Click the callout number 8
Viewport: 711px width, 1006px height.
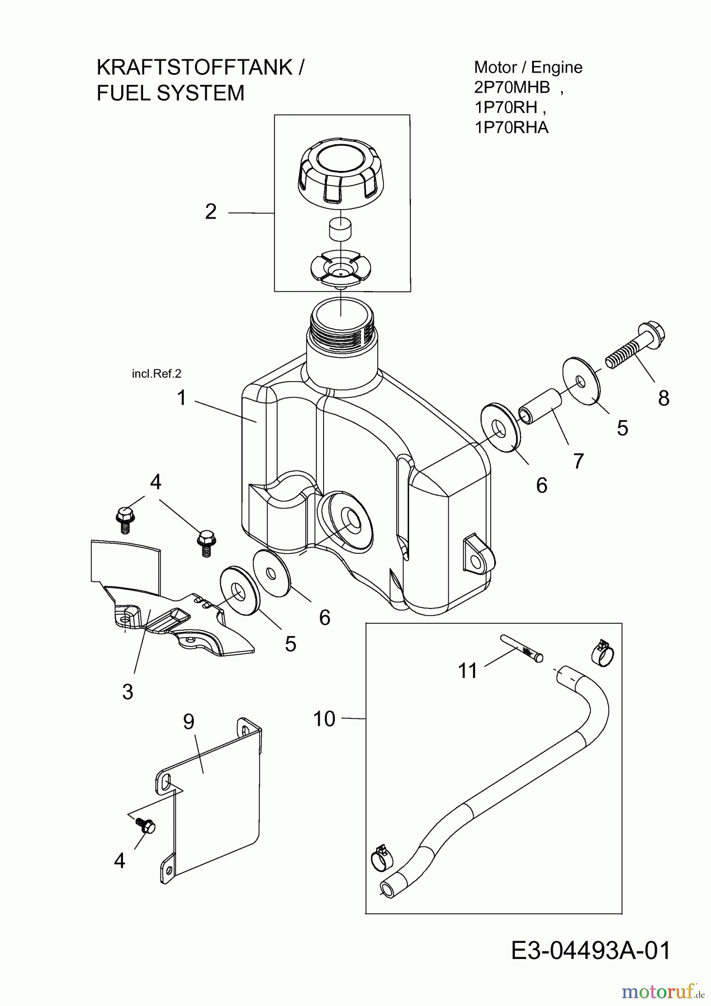663,398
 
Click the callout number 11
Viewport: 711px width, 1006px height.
468,670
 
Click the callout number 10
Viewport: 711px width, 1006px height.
324,719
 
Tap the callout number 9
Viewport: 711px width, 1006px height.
188,722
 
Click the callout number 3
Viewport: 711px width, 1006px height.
127,691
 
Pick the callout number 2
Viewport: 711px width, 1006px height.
211,212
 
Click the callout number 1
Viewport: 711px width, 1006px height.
181,398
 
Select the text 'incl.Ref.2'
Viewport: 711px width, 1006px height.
157,373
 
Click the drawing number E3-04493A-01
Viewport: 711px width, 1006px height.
591,951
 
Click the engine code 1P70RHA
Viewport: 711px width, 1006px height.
511,128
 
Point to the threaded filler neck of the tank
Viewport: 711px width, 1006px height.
342,330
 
